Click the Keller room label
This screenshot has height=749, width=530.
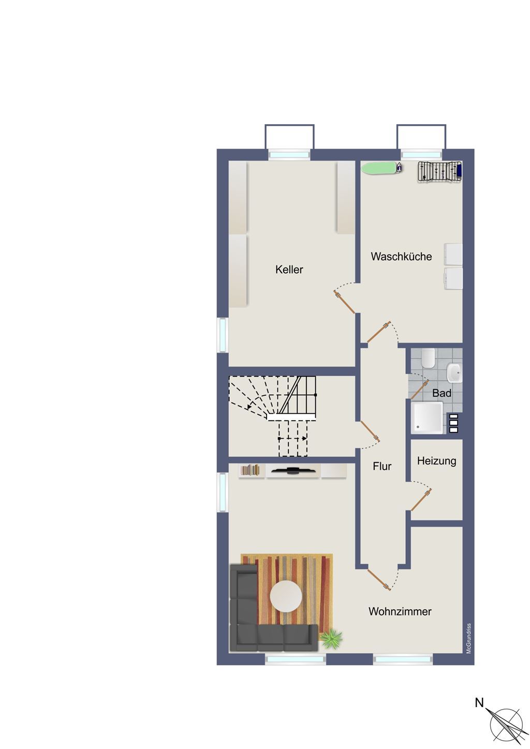tap(289, 269)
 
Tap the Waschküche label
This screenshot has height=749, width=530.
tap(401, 257)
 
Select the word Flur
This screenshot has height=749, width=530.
tap(382, 466)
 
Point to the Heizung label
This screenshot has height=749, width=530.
tap(437, 461)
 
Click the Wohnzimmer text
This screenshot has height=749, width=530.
tap(400, 611)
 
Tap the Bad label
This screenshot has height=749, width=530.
tap(441, 393)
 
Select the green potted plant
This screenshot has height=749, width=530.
tap(331, 639)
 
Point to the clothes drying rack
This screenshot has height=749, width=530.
tap(439, 172)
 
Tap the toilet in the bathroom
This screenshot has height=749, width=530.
tap(428, 357)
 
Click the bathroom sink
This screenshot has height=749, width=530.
tap(454, 373)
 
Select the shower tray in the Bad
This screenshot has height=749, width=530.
tap(428, 418)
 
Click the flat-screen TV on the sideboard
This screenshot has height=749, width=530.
tap(293, 471)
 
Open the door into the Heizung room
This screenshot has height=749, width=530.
tap(421, 500)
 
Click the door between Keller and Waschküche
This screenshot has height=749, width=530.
tap(344, 302)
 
